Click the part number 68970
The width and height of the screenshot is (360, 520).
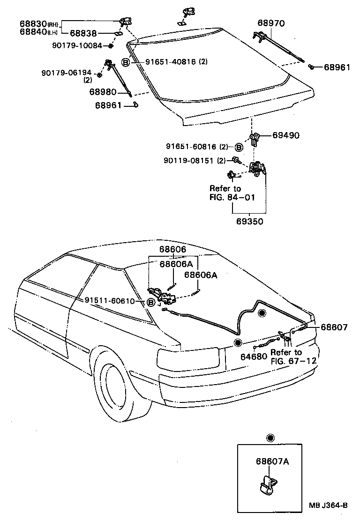click(271, 23)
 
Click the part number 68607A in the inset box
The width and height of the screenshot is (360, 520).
click(272, 461)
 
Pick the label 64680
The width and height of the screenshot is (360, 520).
click(254, 357)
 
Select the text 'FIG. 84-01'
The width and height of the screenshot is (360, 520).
click(232, 197)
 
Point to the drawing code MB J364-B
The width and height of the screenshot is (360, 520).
click(328, 505)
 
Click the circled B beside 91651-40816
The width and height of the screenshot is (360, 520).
click(125, 62)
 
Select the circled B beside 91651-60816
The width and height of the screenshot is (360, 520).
click(238, 148)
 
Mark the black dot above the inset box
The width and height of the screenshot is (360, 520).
click(270, 438)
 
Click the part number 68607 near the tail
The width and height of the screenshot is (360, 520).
click(334, 327)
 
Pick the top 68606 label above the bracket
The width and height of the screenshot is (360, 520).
click(172, 250)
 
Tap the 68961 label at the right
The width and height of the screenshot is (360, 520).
click(337, 67)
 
